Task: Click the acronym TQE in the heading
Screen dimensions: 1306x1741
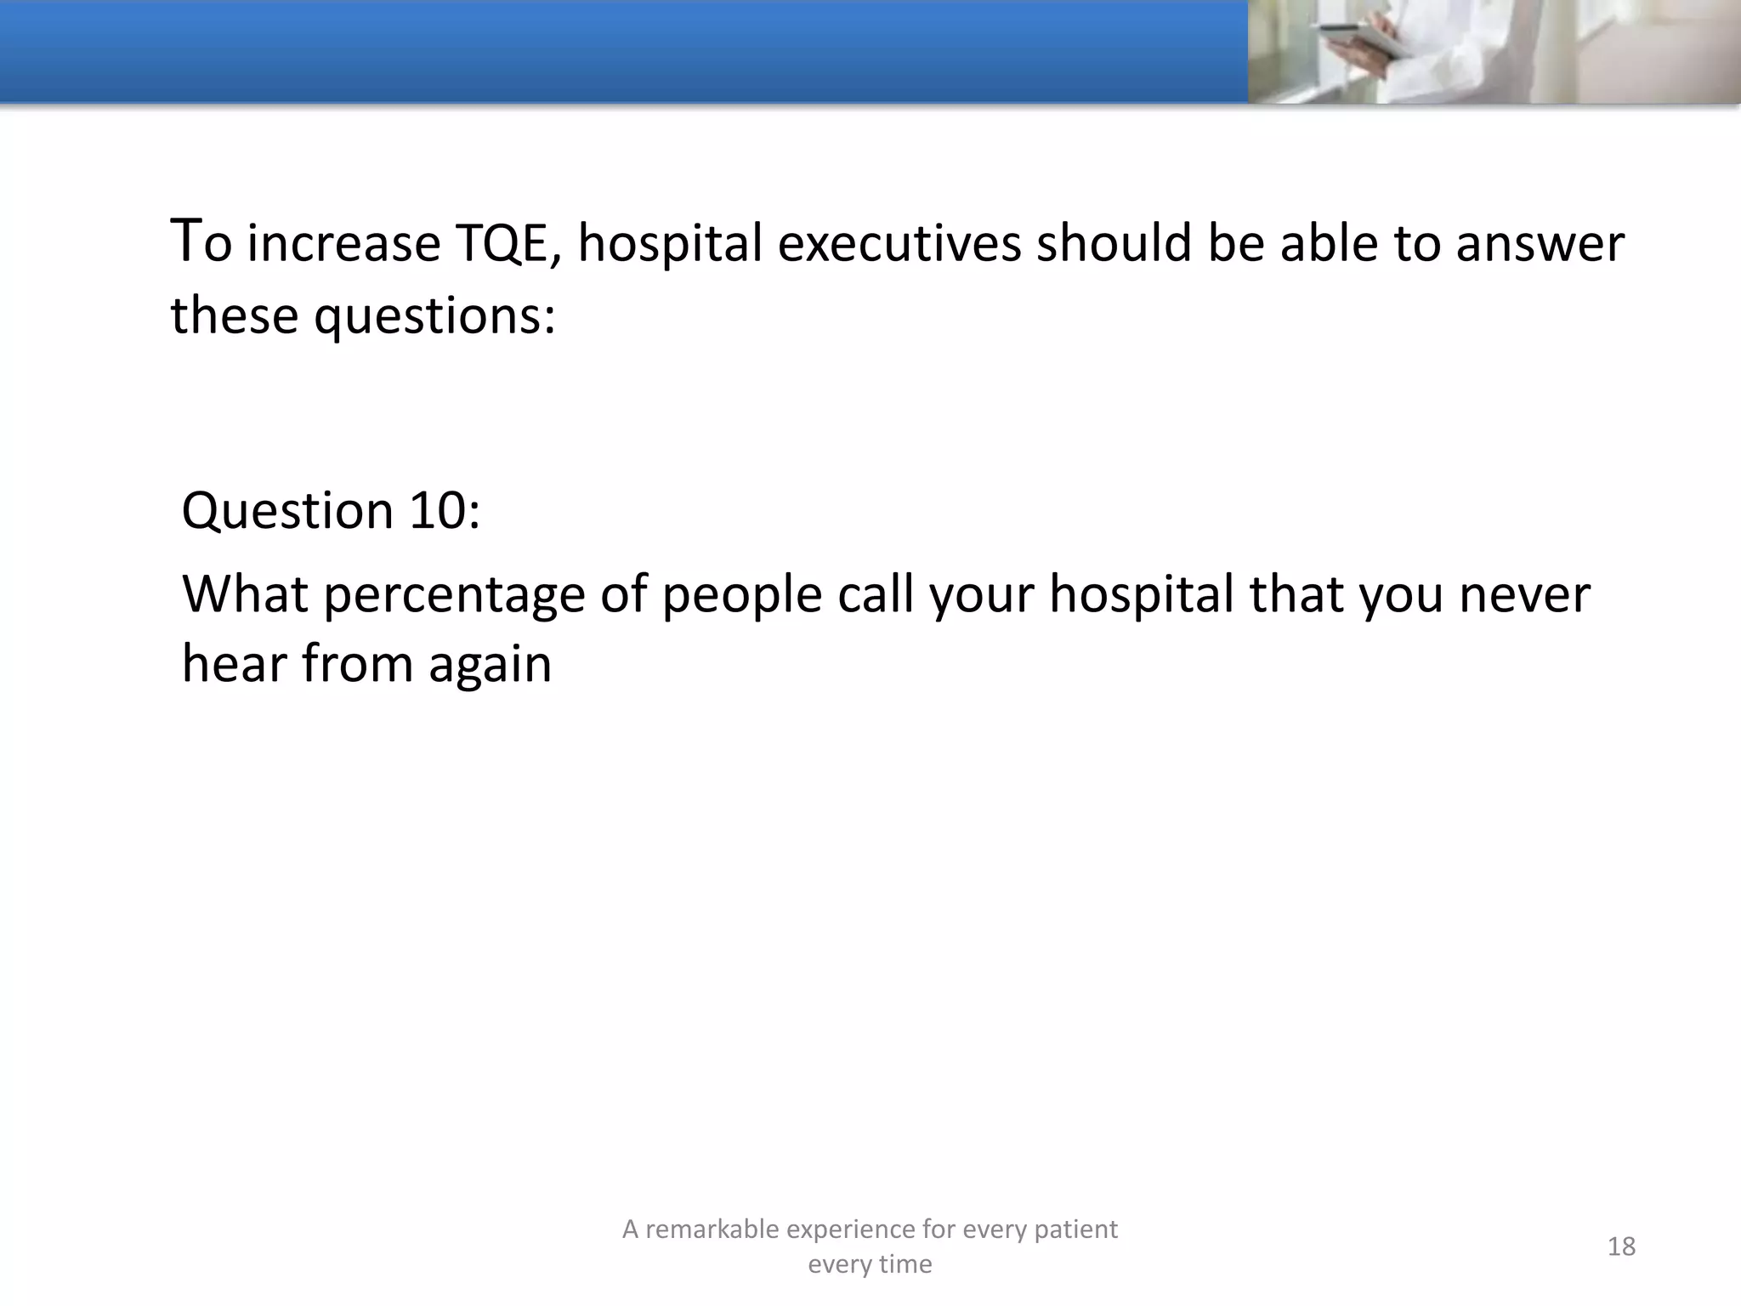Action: click(x=502, y=244)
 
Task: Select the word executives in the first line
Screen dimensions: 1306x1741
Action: click(x=899, y=244)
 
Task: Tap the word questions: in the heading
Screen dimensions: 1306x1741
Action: click(x=434, y=316)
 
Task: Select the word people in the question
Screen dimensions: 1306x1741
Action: click(x=741, y=595)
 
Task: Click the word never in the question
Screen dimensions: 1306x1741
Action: click(x=1523, y=593)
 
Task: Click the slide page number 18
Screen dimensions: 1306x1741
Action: click(x=1621, y=1246)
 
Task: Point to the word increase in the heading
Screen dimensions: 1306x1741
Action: click(x=343, y=244)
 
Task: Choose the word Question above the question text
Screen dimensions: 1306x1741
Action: click(x=286, y=511)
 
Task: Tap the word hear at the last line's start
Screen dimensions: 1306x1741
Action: click(x=233, y=664)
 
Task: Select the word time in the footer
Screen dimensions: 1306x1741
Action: click(x=906, y=1264)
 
